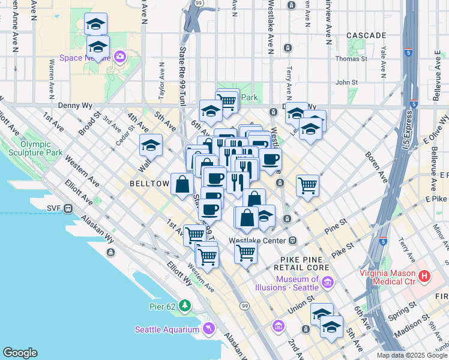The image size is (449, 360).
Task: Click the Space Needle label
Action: [x=83, y=58]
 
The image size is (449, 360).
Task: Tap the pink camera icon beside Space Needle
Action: [x=120, y=57]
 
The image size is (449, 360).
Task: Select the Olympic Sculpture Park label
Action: [x=41, y=148]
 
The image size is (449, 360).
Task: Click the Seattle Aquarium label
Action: [x=166, y=329]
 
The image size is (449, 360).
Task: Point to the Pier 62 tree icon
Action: [x=185, y=306]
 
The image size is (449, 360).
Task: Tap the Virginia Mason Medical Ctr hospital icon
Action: [x=425, y=276]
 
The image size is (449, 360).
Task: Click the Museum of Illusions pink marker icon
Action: [x=328, y=282]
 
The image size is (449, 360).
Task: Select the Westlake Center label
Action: [x=257, y=241]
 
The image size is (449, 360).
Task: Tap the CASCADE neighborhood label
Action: [x=366, y=35]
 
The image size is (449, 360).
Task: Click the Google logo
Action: [x=20, y=353]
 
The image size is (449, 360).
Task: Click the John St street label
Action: [x=346, y=83]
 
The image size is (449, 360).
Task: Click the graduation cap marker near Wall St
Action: [x=151, y=145]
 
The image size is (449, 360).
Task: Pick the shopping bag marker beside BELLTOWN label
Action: [x=182, y=184]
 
